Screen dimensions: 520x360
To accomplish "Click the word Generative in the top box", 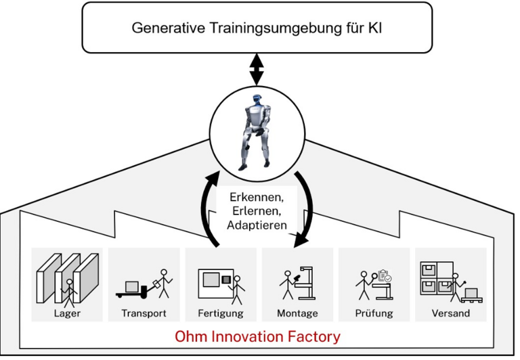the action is coord(168,28).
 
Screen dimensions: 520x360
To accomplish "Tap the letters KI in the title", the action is coord(374,28).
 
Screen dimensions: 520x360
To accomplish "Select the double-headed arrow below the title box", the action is coord(257,70).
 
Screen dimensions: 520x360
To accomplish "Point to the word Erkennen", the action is coord(257,197).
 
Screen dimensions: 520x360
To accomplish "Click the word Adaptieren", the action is coord(257,225).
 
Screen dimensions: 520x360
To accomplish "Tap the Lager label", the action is coord(67,313).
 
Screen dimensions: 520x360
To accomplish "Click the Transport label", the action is coord(144,313).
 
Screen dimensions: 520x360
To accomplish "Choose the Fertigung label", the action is coord(221,313).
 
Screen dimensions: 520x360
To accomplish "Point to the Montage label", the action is coord(297,313).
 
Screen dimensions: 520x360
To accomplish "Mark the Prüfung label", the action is coord(374,313).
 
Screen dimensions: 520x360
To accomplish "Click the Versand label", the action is coord(451,313).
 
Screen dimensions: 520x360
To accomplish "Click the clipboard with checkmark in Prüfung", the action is coord(385,275).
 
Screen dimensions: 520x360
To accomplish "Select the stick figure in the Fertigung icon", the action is coord(237,290).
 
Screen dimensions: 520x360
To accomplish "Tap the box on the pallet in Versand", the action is coord(471,294).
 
